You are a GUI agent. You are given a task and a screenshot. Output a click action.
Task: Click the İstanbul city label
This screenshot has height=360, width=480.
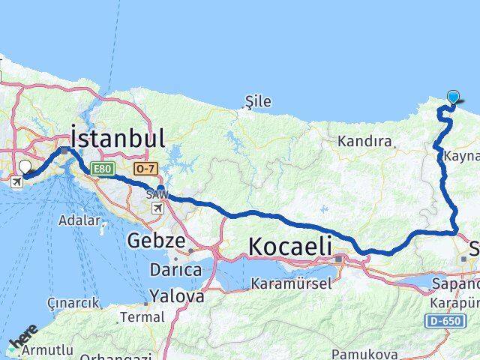pyautogui.click(x=118, y=138)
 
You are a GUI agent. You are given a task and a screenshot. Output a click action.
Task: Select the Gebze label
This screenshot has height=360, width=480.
pyautogui.click(x=155, y=241)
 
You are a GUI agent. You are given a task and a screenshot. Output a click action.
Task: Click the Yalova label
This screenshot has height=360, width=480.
pyautogui.click(x=176, y=296)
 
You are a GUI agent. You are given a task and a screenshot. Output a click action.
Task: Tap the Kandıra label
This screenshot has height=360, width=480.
pyautogui.click(x=365, y=141)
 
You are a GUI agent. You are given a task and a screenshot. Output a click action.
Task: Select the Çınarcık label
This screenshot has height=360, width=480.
pyautogui.click(x=73, y=303)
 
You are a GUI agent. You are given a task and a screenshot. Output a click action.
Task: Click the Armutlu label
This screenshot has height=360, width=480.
pyautogui.click(x=49, y=349)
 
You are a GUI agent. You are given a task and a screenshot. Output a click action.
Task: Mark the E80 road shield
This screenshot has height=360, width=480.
pyautogui.click(x=102, y=170)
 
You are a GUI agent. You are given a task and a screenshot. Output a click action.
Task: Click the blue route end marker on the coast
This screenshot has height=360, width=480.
pyautogui.click(x=453, y=97)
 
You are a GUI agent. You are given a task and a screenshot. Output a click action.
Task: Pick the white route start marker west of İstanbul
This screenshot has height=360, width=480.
pyautogui.click(x=25, y=166)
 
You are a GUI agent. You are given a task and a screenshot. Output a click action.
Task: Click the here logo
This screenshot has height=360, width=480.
pyautogui.click(x=22, y=339)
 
